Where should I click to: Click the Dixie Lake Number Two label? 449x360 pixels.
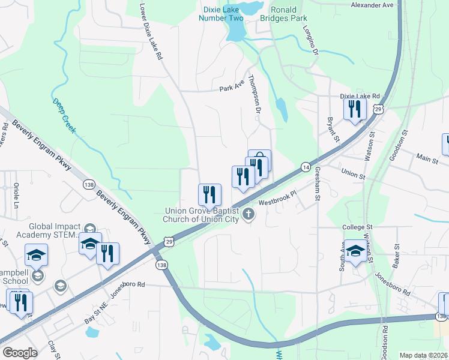(221, 14)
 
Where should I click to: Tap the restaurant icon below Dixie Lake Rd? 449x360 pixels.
(355, 109)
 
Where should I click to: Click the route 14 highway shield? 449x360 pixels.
(306, 166)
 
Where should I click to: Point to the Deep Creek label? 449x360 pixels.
(64, 115)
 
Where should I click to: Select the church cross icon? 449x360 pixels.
(247, 214)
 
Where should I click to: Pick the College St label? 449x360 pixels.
(358, 227)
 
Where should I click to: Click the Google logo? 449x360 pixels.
(20, 352)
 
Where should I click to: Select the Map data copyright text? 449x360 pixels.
(423, 355)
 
